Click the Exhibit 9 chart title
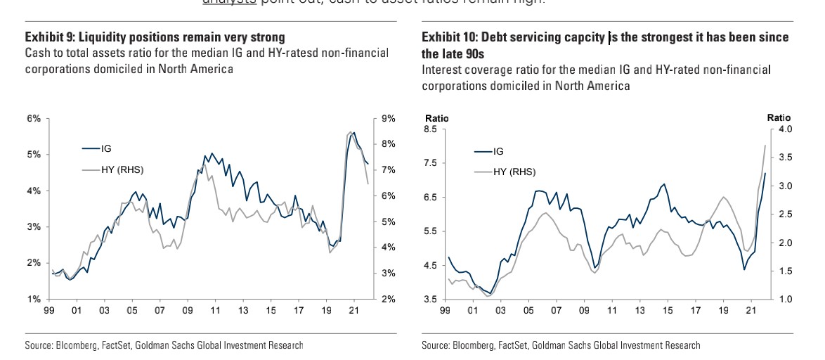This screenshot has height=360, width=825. pyautogui.click(x=155, y=37)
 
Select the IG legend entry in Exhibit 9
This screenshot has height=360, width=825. pyautogui.click(x=106, y=148)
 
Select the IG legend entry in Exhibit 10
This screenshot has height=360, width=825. pyautogui.click(x=498, y=151)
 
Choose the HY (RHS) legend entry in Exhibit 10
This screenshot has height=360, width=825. pyautogui.click(x=514, y=172)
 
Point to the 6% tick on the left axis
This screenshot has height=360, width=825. pyautogui.click(x=34, y=118)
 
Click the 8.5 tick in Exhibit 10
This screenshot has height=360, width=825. pyautogui.click(x=429, y=129)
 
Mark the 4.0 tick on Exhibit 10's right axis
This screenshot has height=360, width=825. pyautogui.click(x=785, y=129)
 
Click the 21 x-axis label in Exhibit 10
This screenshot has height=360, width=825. pyautogui.click(x=750, y=309)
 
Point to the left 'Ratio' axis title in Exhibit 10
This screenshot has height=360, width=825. pyautogui.click(x=436, y=118)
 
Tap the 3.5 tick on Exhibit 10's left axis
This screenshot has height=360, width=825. pyautogui.click(x=429, y=300)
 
